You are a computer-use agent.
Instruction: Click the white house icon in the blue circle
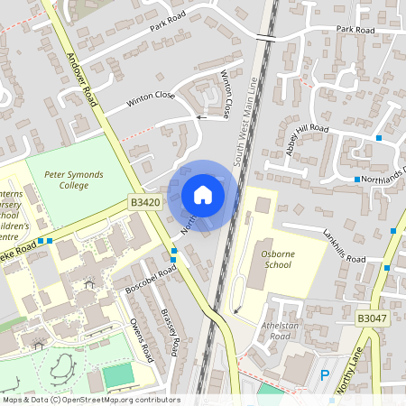[x=203, y=194]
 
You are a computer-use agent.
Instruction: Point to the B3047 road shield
[x=372, y=318]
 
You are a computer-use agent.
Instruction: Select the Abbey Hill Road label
[x=307, y=140]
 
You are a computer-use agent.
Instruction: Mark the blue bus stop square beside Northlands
[x=357, y=180]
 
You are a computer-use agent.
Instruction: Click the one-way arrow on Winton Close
[x=200, y=116]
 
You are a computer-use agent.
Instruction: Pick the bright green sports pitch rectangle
[x=115, y=375]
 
